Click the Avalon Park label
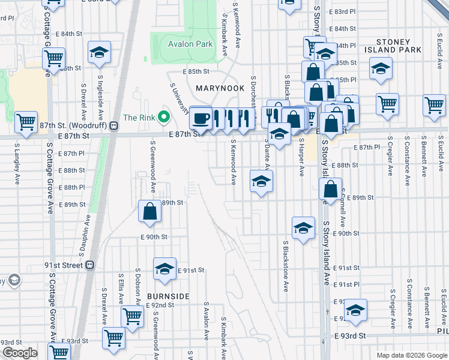190,44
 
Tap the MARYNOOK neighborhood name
220,88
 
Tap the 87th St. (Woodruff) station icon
113,125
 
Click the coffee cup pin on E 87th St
200,116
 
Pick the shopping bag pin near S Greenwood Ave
149,211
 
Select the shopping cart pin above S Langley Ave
26,122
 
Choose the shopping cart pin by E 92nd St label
132,316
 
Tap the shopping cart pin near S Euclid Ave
434,104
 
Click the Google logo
19,353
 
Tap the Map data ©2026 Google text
411,355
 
